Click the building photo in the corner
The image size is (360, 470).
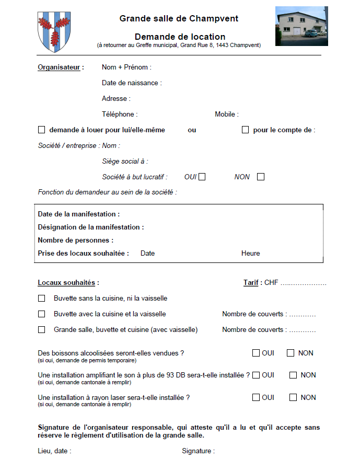pyautogui.click(x=301, y=26)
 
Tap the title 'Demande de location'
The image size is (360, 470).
pyautogui.click(x=180, y=37)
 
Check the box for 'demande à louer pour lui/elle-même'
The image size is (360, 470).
pyautogui.click(x=42, y=130)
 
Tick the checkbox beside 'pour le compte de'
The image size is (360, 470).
pyautogui.click(x=245, y=130)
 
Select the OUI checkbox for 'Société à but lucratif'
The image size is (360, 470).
pyautogui.click(x=202, y=177)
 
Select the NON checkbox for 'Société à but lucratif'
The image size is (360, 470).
pyautogui.click(x=261, y=177)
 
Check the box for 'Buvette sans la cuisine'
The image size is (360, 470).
pyautogui.click(x=42, y=299)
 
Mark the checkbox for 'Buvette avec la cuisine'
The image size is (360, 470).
pyautogui.click(x=42, y=314)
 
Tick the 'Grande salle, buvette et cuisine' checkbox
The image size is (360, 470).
pyautogui.click(x=42, y=330)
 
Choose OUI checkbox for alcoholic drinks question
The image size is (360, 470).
pyautogui.click(x=256, y=353)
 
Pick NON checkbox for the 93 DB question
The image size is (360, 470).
pyautogui.click(x=293, y=375)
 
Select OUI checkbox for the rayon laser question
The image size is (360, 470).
pyautogui.click(x=256, y=397)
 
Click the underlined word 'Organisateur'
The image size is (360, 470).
pyautogui.click(x=59, y=67)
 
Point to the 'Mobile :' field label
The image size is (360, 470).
pyautogui.click(x=227, y=114)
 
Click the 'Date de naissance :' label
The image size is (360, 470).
pyautogui.click(x=132, y=83)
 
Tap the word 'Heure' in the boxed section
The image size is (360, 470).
pyautogui.click(x=250, y=253)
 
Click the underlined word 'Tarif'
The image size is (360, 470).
pyautogui.click(x=251, y=283)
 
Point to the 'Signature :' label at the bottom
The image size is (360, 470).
pyautogui.click(x=198, y=451)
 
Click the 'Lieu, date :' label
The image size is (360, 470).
pyautogui.click(x=54, y=451)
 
